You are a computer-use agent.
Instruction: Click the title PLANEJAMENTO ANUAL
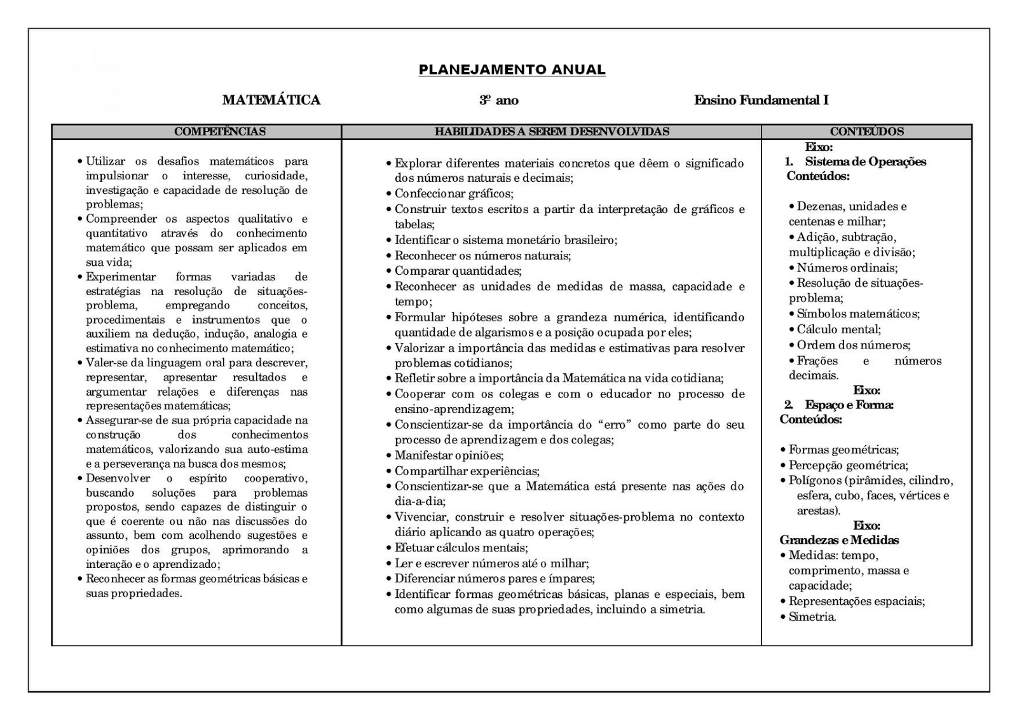[512, 70]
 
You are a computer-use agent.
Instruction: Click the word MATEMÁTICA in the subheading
[271, 100]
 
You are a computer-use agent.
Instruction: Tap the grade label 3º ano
[499, 100]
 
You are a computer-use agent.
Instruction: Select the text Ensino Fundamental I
[761, 100]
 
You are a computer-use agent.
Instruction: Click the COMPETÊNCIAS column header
[220, 132]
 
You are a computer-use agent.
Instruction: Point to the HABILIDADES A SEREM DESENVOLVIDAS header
[552, 132]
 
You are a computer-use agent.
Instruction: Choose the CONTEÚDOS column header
[866, 132]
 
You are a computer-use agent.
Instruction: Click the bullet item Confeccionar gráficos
[454, 193]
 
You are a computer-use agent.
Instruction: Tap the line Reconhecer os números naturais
[482, 256]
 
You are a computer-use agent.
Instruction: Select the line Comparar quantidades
[458, 271]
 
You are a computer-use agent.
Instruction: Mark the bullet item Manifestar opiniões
[449, 455]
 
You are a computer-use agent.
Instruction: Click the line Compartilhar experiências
[467, 471]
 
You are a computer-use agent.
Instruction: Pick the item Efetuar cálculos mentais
[461, 548]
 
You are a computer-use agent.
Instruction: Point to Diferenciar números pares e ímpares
[495, 579]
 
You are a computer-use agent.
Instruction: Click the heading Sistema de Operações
[865, 162]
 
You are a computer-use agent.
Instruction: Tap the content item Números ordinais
[847, 268]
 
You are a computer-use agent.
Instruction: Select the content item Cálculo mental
[838, 329]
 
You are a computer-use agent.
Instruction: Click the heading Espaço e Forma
[849, 405]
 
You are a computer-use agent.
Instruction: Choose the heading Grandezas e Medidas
[839, 540]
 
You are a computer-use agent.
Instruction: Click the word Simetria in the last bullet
[812, 617]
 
